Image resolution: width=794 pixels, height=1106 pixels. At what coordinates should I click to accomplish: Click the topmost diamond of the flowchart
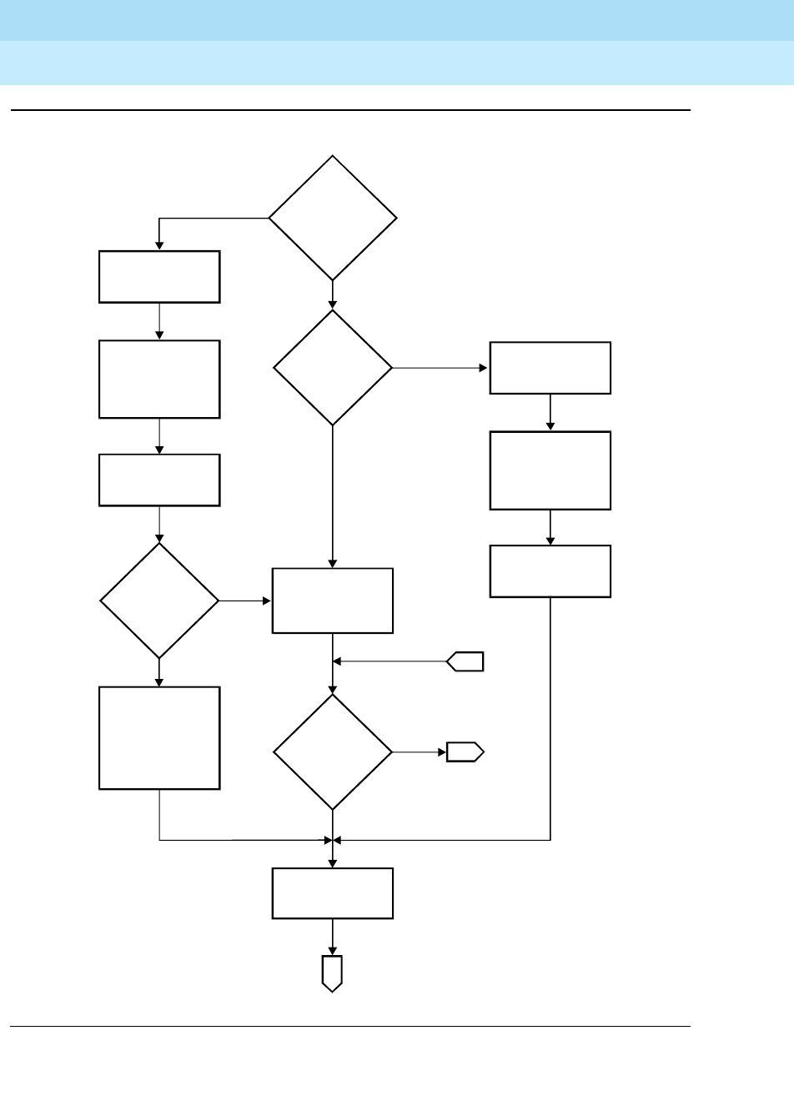(x=333, y=218)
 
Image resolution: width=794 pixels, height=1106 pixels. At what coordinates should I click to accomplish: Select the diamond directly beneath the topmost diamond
(x=333, y=368)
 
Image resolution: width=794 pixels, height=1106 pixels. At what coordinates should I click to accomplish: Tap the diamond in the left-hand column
(x=159, y=601)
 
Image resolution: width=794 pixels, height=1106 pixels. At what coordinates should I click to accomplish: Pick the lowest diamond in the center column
(x=333, y=752)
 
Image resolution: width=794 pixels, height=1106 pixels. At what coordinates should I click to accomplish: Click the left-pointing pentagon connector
(x=465, y=662)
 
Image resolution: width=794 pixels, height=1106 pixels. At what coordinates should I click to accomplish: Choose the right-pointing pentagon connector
(x=465, y=752)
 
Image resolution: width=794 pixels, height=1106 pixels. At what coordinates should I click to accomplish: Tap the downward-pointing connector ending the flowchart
(x=333, y=973)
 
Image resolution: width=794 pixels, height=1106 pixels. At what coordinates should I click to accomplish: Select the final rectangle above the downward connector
(x=333, y=893)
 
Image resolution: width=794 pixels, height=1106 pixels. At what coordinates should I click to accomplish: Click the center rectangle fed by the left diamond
(x=333, y=601)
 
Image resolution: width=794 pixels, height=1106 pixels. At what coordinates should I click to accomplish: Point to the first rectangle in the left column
(x=159, y=277)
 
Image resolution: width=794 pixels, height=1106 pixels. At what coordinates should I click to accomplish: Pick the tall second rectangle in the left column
(x=159, y=379)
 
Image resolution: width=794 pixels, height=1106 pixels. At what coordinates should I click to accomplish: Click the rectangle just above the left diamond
(x=159, y=480)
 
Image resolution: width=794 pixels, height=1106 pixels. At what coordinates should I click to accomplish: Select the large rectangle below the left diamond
(x=159, y=737)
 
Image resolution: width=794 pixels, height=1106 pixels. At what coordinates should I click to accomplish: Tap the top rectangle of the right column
(x=550, y=368)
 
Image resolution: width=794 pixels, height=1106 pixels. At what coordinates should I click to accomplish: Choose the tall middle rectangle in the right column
(x=550, y=470)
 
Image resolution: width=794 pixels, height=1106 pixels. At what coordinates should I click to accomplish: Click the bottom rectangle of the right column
(x=550, y=571)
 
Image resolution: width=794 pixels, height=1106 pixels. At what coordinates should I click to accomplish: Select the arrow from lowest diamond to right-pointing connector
(x=419, y=752)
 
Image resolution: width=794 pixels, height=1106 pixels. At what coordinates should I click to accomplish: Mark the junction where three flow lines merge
(x=333, y=839)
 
